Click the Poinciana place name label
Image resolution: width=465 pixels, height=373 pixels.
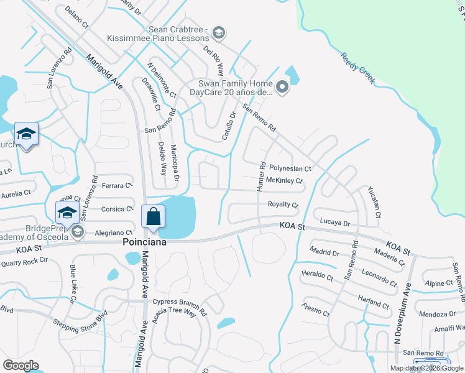pyautogui.click(x=144, y=242)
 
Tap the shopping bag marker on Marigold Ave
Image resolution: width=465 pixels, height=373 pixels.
pyautogui.click(x=153, y=218)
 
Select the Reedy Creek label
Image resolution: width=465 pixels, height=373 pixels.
pyautogui.click(x=358, y=68)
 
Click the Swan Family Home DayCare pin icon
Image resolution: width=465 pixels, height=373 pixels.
pyautogui.click(x=282, y=88)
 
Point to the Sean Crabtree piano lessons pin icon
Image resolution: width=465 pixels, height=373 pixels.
pyautogui.click(x=218, y=32)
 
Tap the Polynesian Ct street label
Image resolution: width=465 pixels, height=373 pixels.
pyautogui.click(x=289, y=168)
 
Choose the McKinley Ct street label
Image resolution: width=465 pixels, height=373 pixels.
pyautogui.click(x=283, y=181)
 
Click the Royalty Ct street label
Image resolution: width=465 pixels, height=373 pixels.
pyautogui.click(x=283, y=205)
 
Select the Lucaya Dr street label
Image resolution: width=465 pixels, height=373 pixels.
pyautogui.click(x=335, y=222)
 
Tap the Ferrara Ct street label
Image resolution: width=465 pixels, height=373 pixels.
pyautogui.click(x=117, y=185)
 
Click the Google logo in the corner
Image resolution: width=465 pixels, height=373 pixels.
pyautogui.click(x=21, y=366)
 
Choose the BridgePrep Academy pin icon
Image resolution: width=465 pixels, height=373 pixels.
pyautogui.click(x=77, y=232)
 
